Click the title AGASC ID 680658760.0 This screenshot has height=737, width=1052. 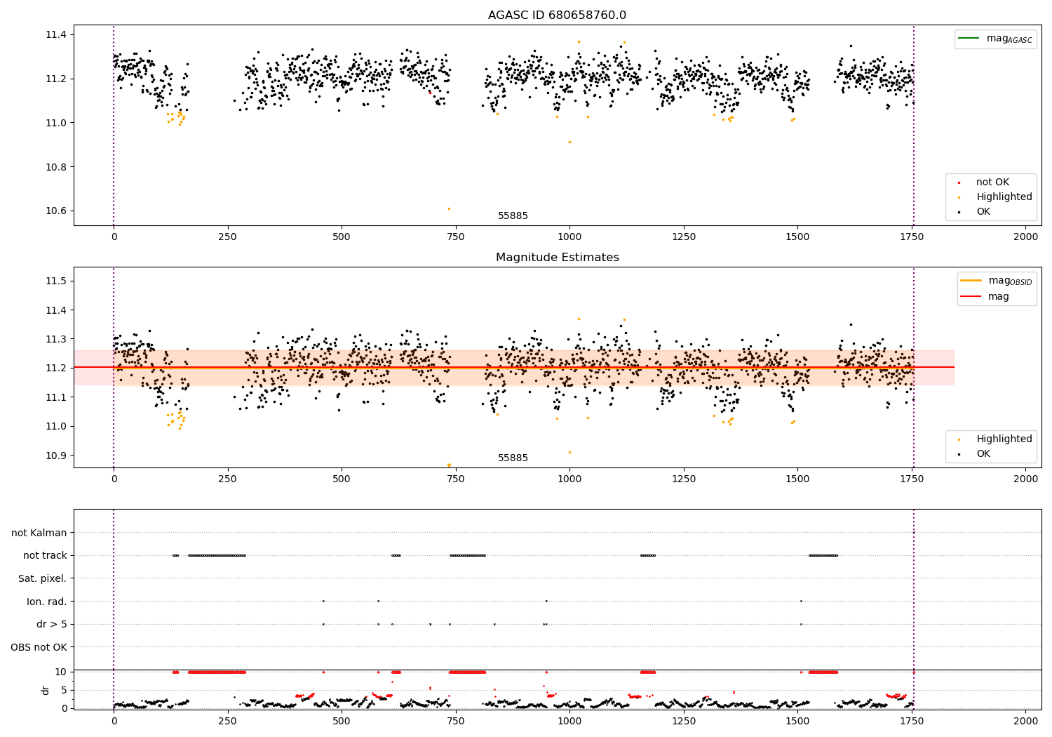coord(557,15)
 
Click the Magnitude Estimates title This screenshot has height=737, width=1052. coord(557,258)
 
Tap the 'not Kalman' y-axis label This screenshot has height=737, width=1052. coord(39,533)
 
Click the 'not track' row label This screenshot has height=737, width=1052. coord(45,555)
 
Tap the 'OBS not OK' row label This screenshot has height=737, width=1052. coord(39,647)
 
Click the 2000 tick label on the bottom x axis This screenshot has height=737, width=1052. coord(1025,721)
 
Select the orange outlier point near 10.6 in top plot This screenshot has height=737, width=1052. coord(449,208)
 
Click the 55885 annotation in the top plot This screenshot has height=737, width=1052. coord(513,216)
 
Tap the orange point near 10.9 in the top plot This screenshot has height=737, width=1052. coord(569,142)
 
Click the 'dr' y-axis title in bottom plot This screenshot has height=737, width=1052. coord(46,690)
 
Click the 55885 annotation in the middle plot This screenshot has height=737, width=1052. coord(513,458)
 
